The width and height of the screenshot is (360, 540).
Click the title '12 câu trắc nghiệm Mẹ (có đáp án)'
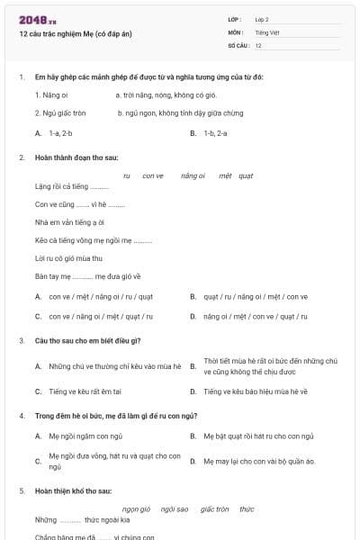coord(75,33)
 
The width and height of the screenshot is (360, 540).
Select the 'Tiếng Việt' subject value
coord(267,31)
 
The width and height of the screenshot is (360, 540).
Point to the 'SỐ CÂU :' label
coord(238,44)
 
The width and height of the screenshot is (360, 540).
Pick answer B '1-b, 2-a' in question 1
coord(215,132)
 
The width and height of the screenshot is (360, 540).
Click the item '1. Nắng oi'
coord(51,94)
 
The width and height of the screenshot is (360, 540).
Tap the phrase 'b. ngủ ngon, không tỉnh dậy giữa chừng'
coord(180,113)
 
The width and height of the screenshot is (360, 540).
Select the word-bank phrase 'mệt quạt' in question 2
coord(236,175)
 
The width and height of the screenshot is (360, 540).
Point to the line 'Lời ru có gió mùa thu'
coord(68,258)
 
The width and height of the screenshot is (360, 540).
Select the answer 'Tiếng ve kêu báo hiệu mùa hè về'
coord(255,391)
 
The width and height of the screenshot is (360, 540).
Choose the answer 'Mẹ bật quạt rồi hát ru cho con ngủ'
coord(258,436)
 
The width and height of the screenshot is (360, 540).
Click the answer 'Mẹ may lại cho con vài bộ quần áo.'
coord(259,461)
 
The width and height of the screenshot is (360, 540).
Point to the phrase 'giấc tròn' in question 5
coord(215,508)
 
